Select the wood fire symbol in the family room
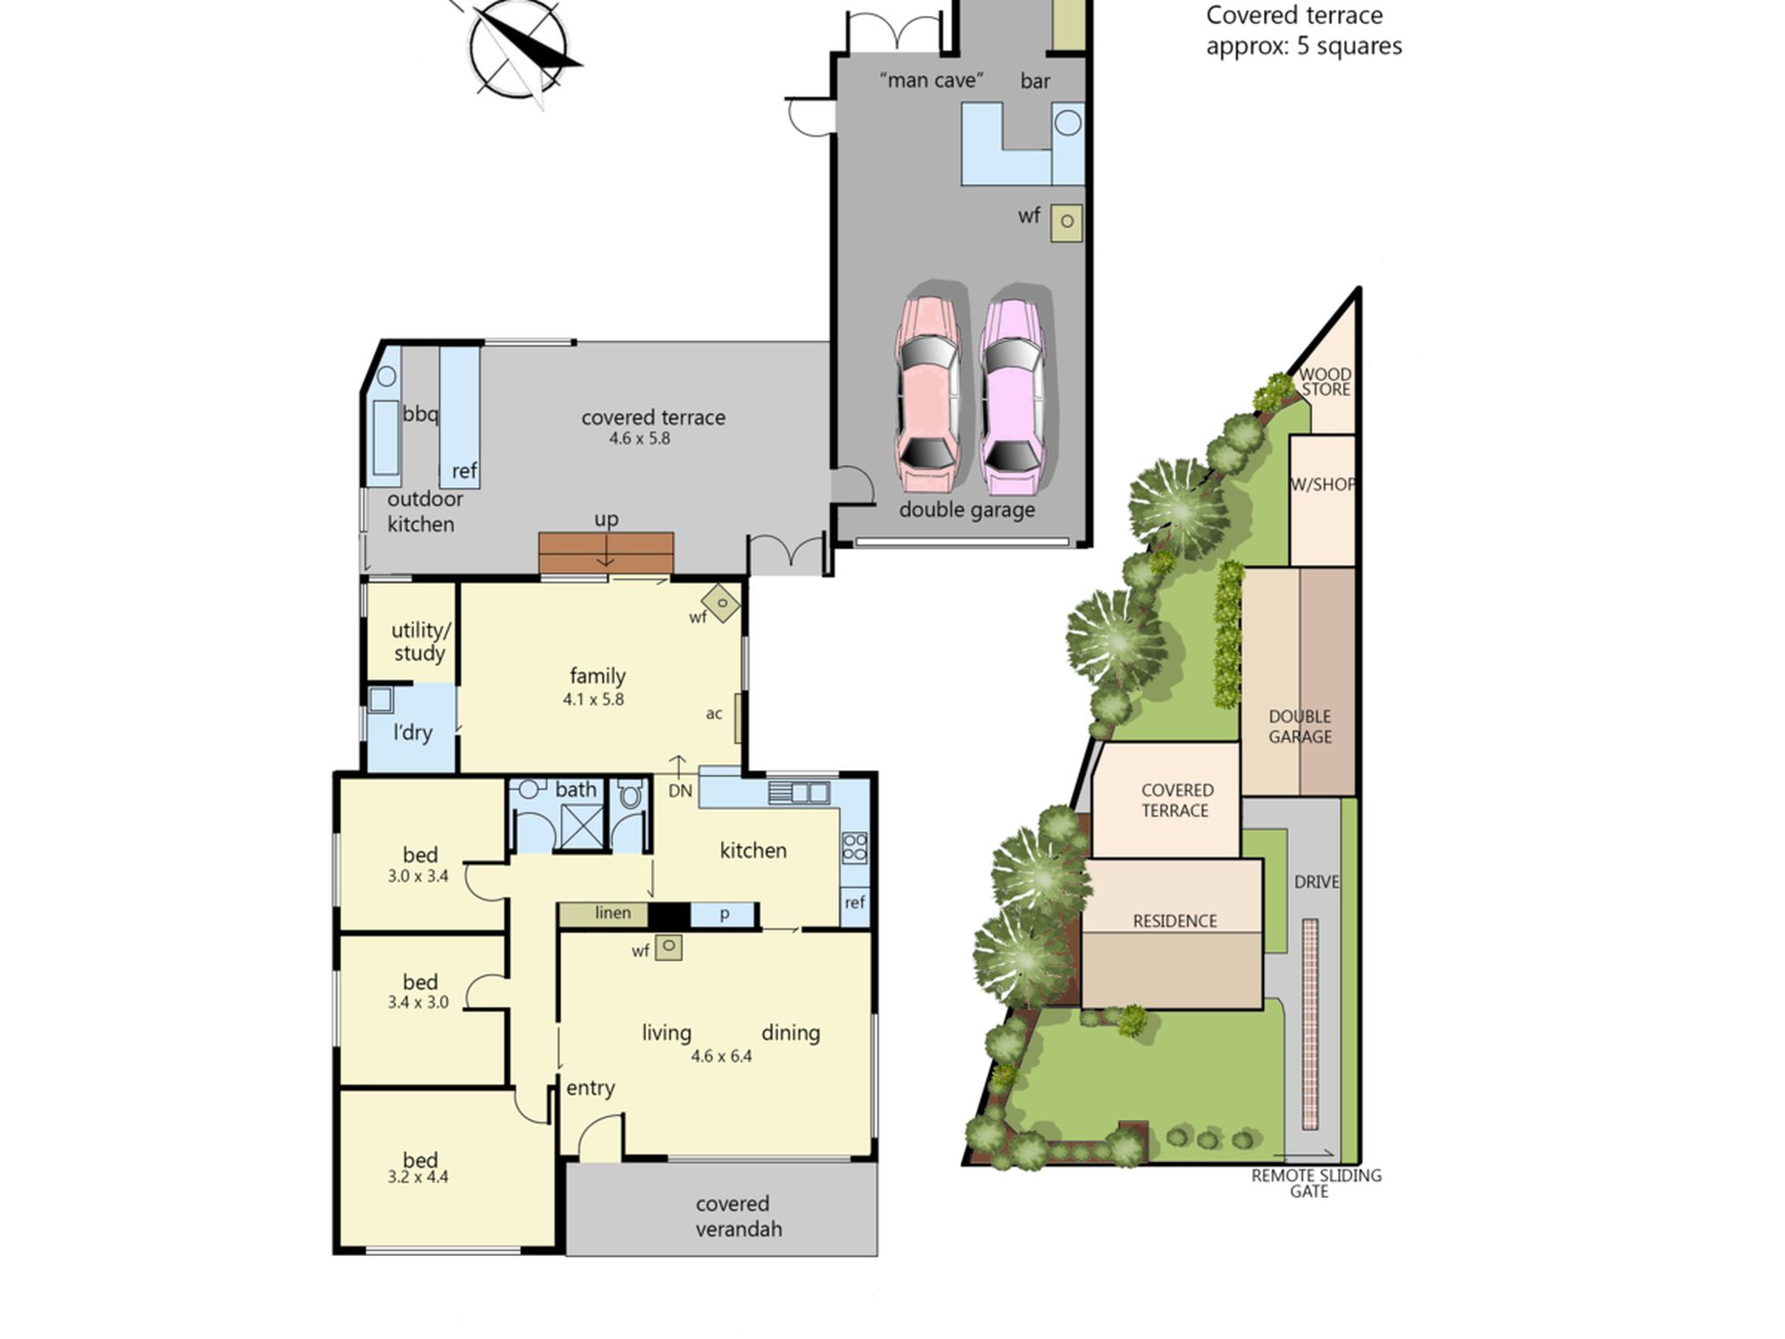pyautogui.click(x=721, y=603)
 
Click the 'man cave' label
pyautogui.click(x=932, y=80)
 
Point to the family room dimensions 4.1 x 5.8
pyautogui.click(x=594, y=699)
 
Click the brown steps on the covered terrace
pyautogui.click(x=606, y=553)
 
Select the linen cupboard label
pyautogui.click(x=613, y=913)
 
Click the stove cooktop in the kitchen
pyautogui.click(x=854, y=847)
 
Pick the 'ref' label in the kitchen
pyautogui.click(x=855, y=902)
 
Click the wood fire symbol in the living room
pyautogui.click(x=668, y=947)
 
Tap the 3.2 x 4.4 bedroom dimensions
pyautogui.click(x=418, y=1177)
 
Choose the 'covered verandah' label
pyautogui.click(x=739, y=1216)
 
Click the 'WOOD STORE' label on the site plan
pyautogui.click(x=1325, y=382)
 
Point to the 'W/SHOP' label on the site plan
pyautogui.click(x=1323, y=485)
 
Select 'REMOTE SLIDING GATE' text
pyautogui.click(x=1316, y=1184)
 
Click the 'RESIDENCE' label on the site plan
pyautogui.click(x=1175, y=921)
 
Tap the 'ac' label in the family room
pyautogui.click(x=714, y=713)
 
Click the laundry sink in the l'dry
pyautogui.click(x=380, y=699)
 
